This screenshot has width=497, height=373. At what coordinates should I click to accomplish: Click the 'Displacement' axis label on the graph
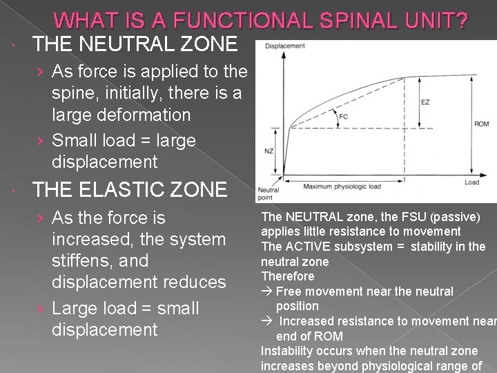click(285, 46)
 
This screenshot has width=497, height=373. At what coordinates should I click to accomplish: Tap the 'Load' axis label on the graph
click(472, 182)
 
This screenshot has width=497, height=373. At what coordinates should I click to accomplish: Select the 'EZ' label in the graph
click(425, 102)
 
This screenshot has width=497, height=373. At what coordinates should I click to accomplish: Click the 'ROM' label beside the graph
click(482, 124)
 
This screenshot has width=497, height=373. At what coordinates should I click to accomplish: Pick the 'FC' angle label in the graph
click(343, 117)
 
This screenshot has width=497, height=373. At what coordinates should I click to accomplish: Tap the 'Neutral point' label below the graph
click(268, 193)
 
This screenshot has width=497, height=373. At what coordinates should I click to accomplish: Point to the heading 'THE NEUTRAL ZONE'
click(135, 44)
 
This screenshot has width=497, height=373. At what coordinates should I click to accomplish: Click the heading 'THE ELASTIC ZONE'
click(129, 189)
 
